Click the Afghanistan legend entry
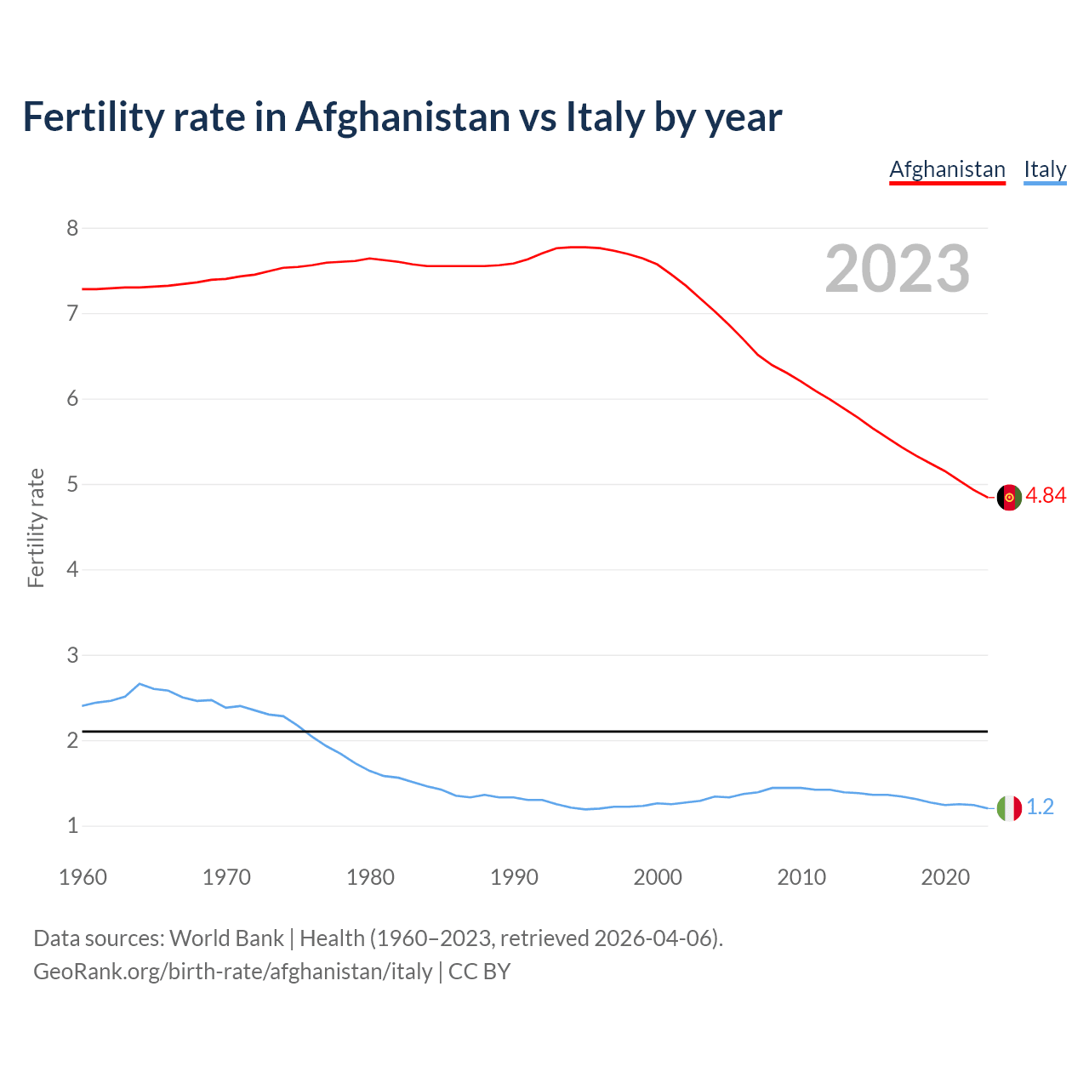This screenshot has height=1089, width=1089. click(x=947, y=169)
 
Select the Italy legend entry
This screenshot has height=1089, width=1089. click(x=1045, y=169)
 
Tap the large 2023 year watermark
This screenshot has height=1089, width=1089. click(x=897, y=269)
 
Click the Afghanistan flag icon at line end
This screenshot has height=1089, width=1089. click(x=1009, y=498)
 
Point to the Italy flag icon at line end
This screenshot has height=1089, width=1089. click(x=1009, y=808)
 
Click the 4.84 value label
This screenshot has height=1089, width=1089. click(x=1046, y=495)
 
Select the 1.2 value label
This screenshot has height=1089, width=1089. click(x=1040, y=807)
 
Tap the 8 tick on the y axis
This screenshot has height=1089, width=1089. click(x=72, y=228)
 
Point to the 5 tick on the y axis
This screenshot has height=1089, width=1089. click(x=72, y=484)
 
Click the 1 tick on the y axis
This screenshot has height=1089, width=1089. click(x=72, y=825)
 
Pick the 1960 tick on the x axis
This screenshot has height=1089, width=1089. click(x=83, y=877)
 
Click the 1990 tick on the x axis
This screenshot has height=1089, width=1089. click(x=514, y=877)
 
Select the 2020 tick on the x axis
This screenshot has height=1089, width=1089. click(x=945, y=877)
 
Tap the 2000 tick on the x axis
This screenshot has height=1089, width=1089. click(x=658, y=877)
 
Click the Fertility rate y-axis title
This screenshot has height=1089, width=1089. click(x=36, y=527)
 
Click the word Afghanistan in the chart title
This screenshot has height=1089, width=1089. click(x=402, y=117)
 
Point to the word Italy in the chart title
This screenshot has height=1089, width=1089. click(x=605, y=117)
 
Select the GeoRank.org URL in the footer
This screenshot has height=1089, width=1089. click(x=232, y=972)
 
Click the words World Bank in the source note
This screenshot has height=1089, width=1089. click(x=226, y=938)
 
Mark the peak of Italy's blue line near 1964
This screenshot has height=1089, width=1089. click(x=140, y=683)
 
